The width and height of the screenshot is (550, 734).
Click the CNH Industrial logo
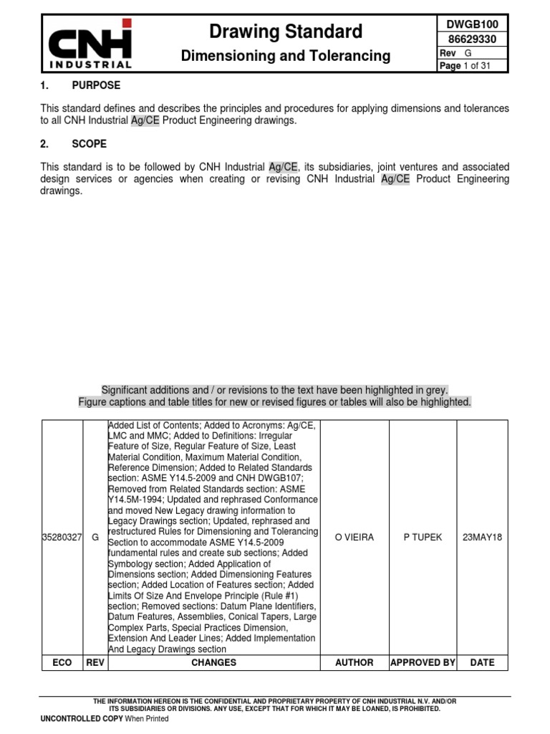(x=90, y=44)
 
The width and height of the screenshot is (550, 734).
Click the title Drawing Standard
(x=285, y=32)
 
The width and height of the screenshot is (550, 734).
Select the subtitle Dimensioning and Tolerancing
(x=285, y=55)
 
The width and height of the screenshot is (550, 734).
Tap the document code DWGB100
(x=472, y=24)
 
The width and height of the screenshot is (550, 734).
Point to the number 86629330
(x=472, y=39)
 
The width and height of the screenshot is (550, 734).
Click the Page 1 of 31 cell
(x=472, y=66)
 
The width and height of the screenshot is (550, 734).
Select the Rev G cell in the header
(x=472, y=53)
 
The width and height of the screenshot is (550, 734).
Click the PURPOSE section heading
(x=96, y=85)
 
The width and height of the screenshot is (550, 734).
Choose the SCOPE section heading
(x=90, y=144)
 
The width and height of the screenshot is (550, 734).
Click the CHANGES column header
(x=213, y=663)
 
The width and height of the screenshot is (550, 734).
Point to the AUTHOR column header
(x=354, y=663)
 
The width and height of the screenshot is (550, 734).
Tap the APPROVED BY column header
(x=423, y=663)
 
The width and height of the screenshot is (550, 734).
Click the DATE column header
(x=482, y=663)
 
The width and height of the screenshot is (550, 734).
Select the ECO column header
(x=62, y=663)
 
